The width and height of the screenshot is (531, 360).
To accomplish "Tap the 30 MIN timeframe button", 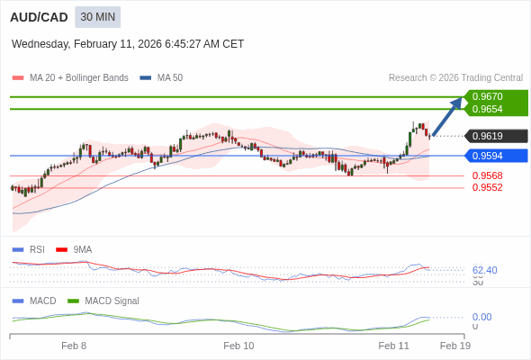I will [97, 17].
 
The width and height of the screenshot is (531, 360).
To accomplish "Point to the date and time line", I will [128, 44].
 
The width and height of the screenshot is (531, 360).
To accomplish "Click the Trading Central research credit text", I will [455, 77].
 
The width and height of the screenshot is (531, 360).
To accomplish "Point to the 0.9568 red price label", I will [487, 175].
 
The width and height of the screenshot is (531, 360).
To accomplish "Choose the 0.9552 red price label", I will [487, 187].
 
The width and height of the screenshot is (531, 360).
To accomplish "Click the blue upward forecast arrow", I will [447, 116].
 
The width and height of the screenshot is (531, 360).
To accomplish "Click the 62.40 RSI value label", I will [484, 270].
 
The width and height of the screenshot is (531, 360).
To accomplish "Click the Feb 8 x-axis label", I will [74, 346].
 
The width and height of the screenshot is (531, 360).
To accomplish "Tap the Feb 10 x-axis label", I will [238, 346].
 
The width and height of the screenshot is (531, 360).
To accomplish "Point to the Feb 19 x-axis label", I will [454, 346].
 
